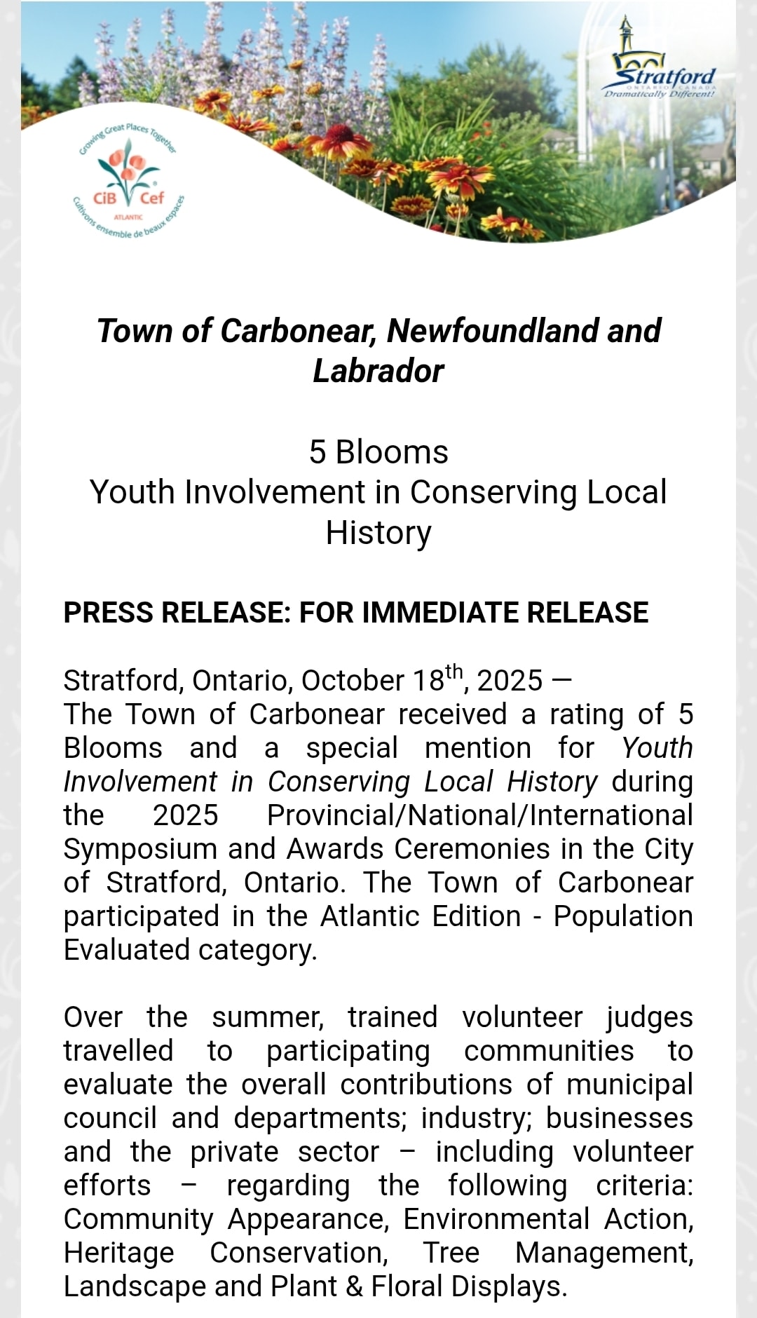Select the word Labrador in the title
click(378, 371)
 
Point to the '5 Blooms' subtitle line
click(378, 452)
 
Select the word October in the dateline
click(353, 681)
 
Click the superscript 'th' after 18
click(454, 672)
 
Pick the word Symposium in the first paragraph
click(140, 849)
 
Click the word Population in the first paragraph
click(622, 916)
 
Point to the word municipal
click(629, 1085)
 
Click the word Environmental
click(496, 1219)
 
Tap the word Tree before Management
click(451, 1253)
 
